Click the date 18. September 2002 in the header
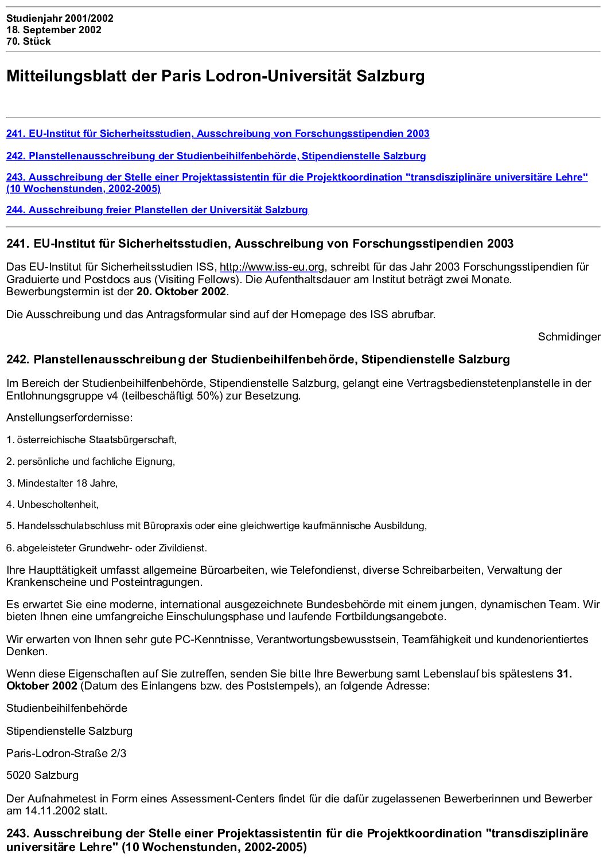pos(54,30)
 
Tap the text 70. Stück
pos(29,41)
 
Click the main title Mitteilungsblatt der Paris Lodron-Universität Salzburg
pos(215,76)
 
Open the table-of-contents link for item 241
pos(217,134)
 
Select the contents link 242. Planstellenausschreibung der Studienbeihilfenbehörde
pos(216,156)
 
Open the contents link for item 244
pos(157,210)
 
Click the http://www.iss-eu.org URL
pos(272,267)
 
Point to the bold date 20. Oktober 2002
pos(181,292)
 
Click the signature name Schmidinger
pos(569,337)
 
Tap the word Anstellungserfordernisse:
pos(69,418)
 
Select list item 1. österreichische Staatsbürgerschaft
pos(92,440)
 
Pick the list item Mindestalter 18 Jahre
pos(62,483)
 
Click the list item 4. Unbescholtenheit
pos(53,504)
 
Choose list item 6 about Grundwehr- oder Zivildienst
pos(107,548)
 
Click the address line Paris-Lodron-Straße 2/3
pos(67,753)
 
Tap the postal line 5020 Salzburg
pos(42,775)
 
